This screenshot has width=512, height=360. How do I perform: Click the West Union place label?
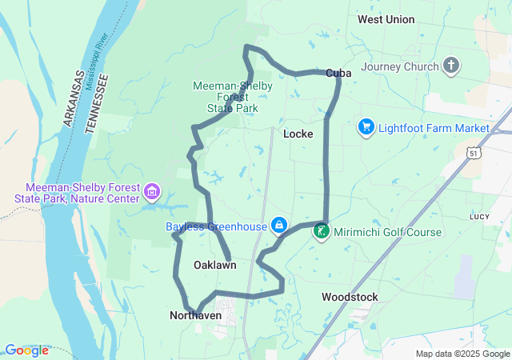pos(386,19)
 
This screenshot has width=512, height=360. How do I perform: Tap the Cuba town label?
pos(338,73)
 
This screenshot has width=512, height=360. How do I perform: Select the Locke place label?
pos(298,134)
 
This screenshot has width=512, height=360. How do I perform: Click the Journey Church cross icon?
pos(451,66)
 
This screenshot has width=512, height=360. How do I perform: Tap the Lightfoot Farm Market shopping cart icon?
pos(366,127)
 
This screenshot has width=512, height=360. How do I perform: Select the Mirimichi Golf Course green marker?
pos(321,232)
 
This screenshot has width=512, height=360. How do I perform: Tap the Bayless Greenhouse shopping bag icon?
pos(278,226)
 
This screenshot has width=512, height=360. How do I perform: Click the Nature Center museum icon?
pos(152,192)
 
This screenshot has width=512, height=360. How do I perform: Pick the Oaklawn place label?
pos(214,265)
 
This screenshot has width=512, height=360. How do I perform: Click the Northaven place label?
pos(196,316)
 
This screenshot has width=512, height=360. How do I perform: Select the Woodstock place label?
pos(350,297)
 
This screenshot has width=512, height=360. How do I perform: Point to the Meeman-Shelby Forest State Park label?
pos(232,96)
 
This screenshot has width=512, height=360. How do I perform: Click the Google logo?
pos(26,350)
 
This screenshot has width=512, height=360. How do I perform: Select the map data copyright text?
pos(462,354)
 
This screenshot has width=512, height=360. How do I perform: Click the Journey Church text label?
pos(400,66)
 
